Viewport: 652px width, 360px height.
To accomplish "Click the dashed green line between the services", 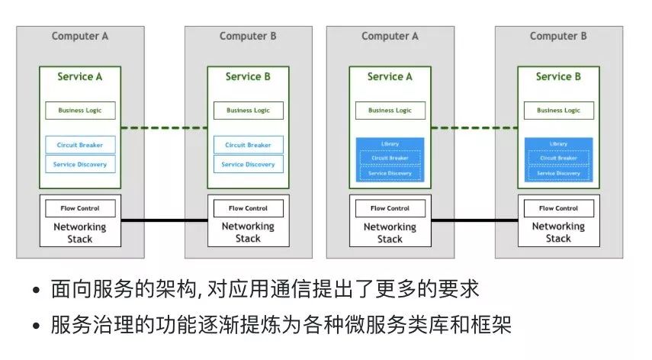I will click(x=165, y=127).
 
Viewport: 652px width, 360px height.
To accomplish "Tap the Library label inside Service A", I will click(x=390, y=143).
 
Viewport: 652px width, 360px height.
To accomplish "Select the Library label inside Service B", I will click(x=558, y=143).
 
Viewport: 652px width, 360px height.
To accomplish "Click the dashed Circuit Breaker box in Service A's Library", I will click(x=390, y=158).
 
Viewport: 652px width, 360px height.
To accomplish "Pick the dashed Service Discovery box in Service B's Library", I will click(x=558, y=173).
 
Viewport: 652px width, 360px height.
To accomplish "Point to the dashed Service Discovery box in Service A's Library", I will click(x=390, y=173).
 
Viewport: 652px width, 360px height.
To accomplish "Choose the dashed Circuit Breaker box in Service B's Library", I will click(x=558, y=158).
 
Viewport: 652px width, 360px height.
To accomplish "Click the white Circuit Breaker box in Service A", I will click(x=80, y=145).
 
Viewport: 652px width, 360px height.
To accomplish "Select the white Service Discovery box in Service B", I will click(x=248, y=164).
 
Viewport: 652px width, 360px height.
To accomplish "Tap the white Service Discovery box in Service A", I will click(x=80, y=164).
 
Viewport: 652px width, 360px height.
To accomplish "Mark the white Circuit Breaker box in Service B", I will click(x=248, y=145).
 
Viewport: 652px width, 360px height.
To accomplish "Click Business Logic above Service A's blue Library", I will click(x=390, y=110).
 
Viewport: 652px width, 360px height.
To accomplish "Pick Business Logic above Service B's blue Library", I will click(x=558, y=110).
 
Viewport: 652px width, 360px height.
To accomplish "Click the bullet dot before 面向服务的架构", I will click(x=37, y=292).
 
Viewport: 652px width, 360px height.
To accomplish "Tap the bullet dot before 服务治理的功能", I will click(x=37, y=326).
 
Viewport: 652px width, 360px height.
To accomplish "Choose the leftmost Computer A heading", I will click(x=80, y=36).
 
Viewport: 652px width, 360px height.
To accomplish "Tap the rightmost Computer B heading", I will click(x=558, y=36).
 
